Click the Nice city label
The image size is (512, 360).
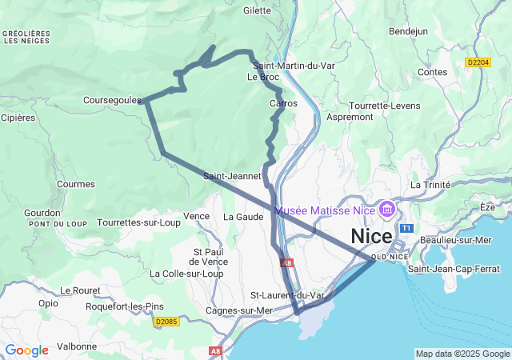tap(372, 237)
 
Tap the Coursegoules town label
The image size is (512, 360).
tap(112, 101)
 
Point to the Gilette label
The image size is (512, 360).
tap(258, 10)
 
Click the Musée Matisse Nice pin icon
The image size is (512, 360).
tap(387, 210)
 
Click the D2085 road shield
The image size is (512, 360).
tap(166, 322)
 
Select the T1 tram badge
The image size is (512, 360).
tap(406, 229)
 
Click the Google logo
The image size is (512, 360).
tap(26, 350)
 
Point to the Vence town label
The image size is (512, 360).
tap(196, 217)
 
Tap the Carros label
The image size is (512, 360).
tap(283, 104)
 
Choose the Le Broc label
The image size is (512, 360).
tap(262, 78)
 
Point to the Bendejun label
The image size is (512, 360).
tap(408, 31)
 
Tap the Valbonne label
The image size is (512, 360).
tap(77, 346)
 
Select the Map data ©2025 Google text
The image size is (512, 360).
tap(462, 354)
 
